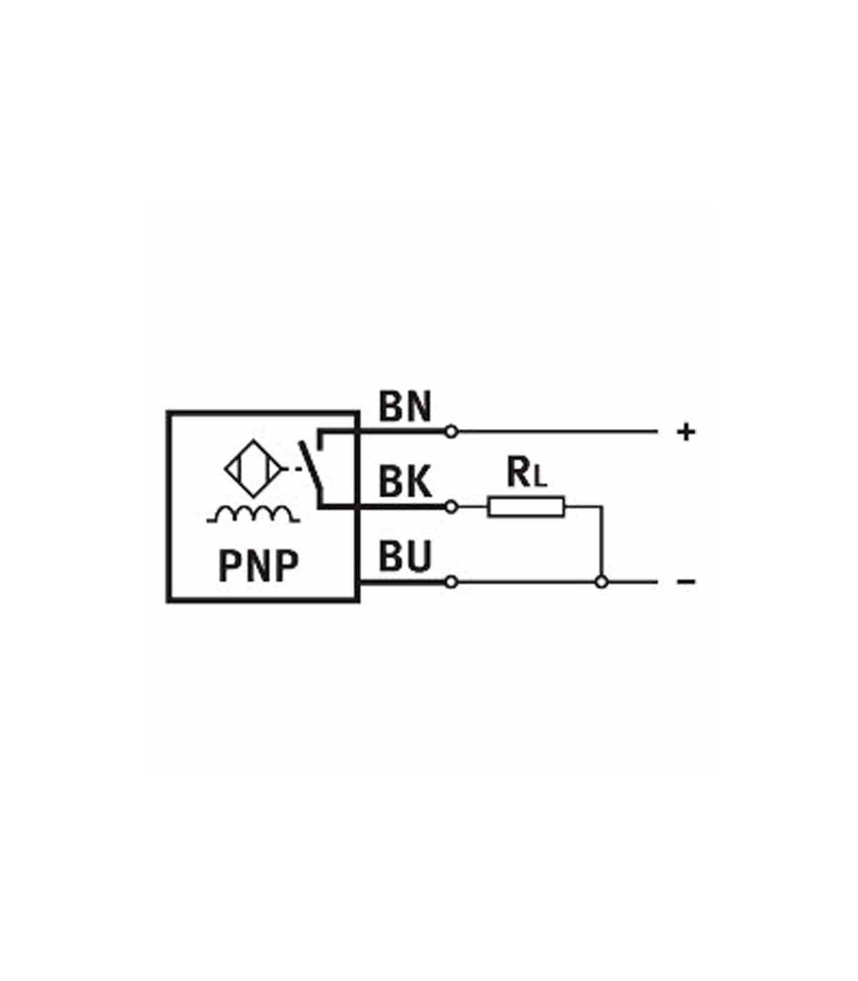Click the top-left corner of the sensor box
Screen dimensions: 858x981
167,412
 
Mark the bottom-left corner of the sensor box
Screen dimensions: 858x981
167,601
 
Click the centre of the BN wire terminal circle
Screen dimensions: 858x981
451,432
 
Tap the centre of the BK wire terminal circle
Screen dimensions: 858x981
451,506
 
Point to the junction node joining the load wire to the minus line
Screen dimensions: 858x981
601,582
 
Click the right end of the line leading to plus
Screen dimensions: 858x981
657,432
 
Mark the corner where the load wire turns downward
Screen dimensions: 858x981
602,506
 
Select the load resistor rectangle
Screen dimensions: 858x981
526,506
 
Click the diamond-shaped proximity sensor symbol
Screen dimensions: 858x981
254,468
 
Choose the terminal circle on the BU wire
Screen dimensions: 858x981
451,582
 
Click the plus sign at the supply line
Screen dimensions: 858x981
686,433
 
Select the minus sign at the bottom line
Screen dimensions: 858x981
686,582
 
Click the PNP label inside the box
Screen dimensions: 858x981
258,566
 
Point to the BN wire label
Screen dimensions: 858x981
405,406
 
